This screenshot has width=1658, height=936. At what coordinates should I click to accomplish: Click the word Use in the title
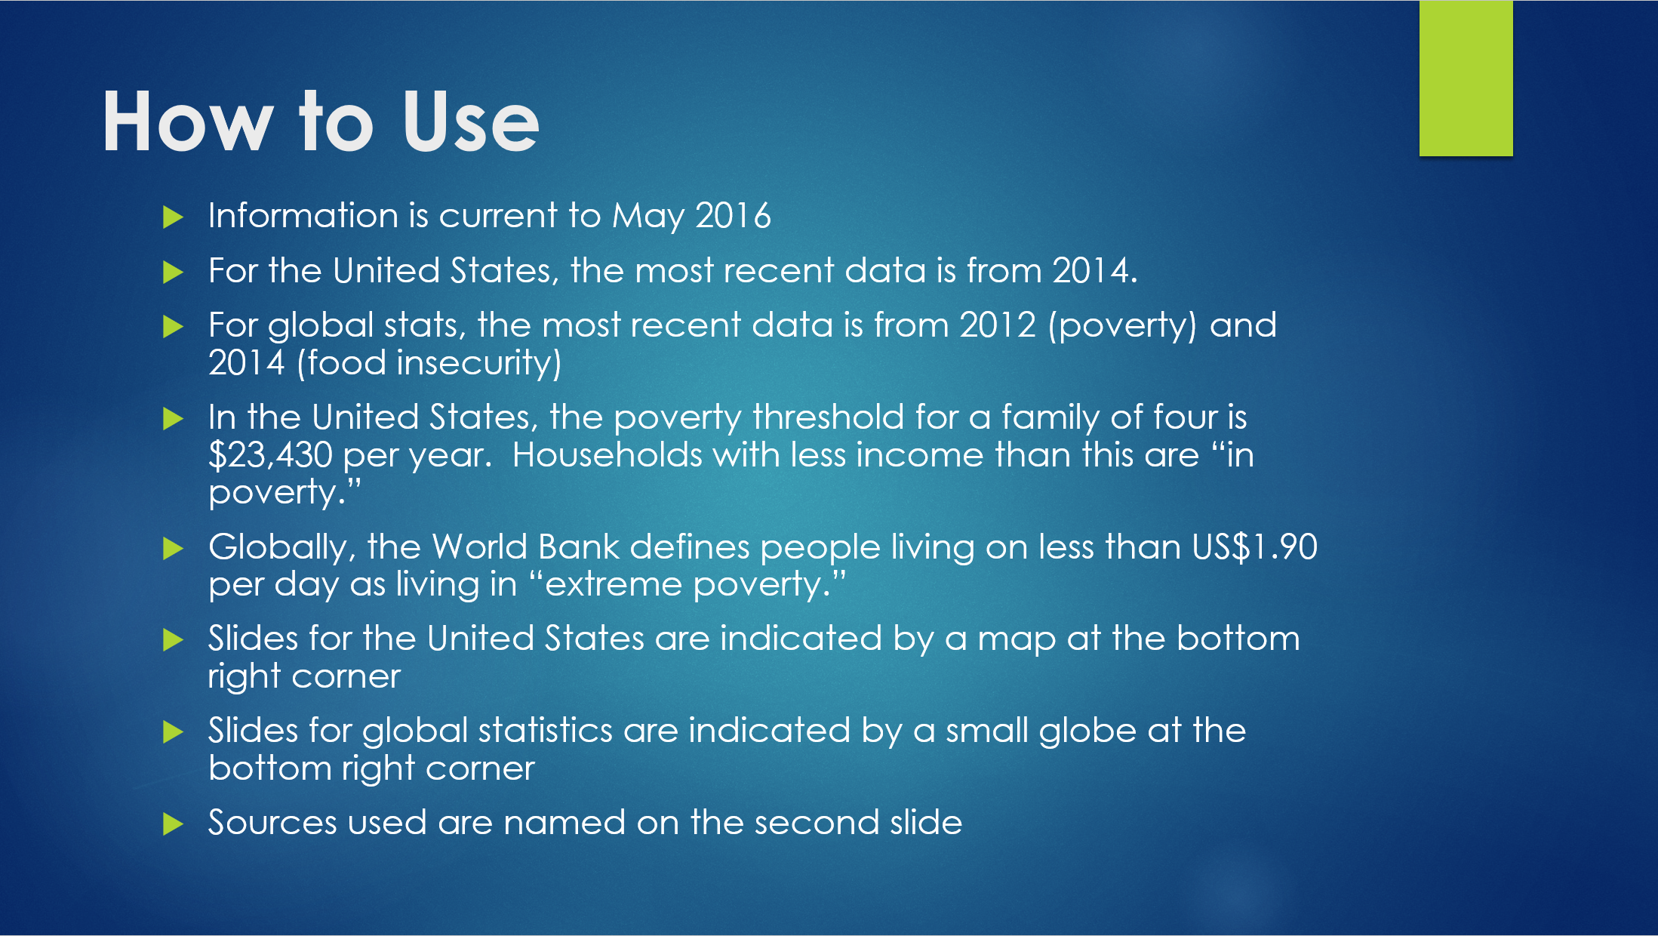471,122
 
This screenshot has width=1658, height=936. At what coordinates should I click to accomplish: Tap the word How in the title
188,122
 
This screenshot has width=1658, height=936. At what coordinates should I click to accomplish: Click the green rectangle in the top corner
1466,79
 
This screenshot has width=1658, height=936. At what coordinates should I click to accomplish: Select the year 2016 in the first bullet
733,216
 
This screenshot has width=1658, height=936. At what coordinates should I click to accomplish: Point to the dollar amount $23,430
270,455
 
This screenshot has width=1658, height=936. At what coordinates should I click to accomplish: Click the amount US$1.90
1255,547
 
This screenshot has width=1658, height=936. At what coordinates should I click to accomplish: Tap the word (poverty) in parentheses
1122,326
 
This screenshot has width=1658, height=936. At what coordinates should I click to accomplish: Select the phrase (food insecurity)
429,364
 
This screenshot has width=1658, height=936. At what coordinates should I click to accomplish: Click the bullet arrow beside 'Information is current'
174,217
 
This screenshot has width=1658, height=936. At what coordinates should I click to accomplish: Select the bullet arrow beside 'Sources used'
174,824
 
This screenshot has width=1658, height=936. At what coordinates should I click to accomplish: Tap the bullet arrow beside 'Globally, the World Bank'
174,549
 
